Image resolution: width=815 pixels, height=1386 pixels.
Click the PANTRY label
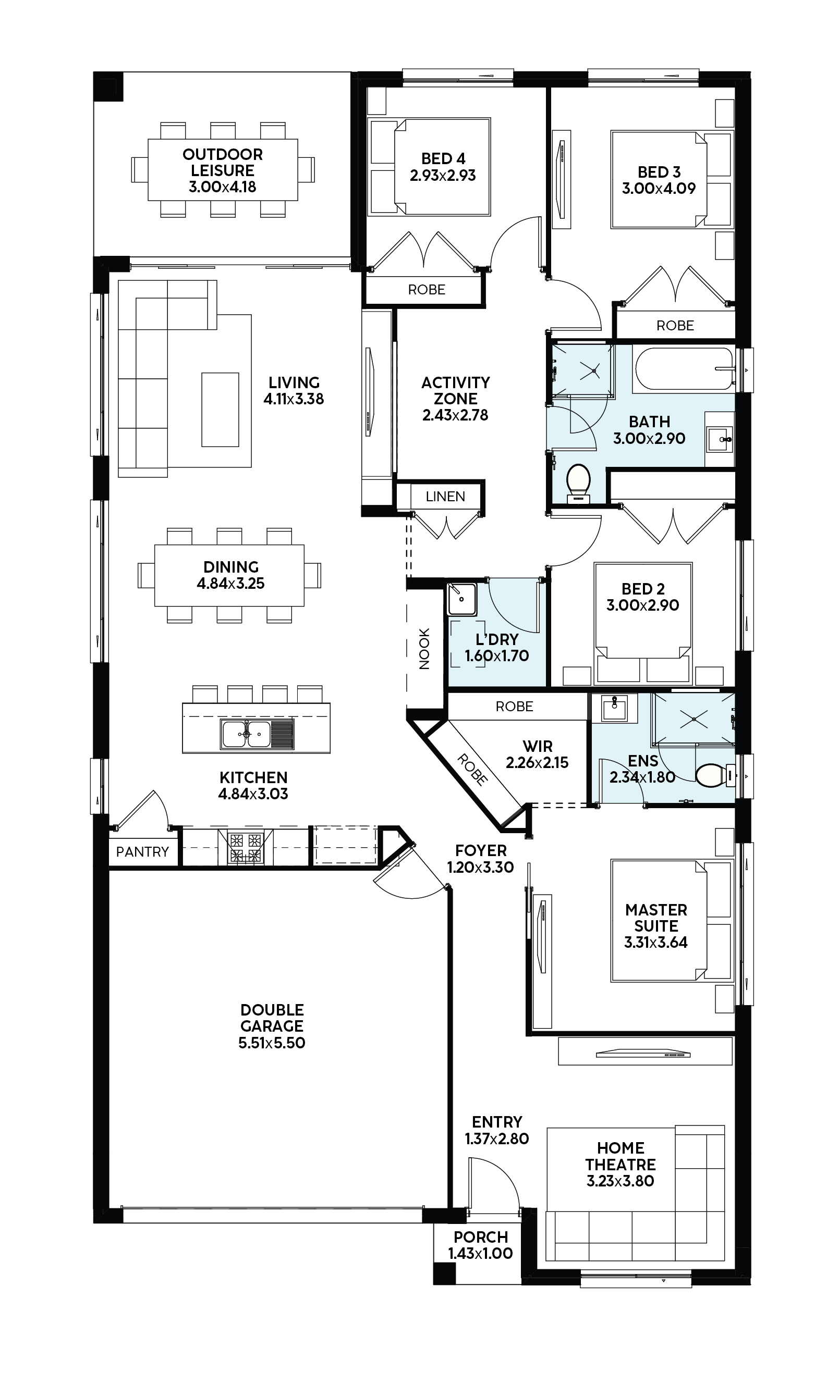pos(142,851)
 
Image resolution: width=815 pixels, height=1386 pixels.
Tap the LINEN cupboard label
pos(445,497)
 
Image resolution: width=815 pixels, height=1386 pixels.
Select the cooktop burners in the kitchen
pos(246,848)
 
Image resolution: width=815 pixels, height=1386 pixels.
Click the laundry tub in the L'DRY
pos(461,599)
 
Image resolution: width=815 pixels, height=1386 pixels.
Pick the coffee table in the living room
pos(220,410)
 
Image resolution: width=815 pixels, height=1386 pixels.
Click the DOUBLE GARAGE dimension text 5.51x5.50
pos(272,1042)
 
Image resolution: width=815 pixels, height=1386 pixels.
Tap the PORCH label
pos(480,1237)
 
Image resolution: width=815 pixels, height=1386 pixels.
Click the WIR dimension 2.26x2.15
pos(537,762)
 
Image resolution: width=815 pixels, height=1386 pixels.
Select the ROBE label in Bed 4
pos(427,290)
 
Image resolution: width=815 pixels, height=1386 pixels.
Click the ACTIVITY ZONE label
pos(456,390)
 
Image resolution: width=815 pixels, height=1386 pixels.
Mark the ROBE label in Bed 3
pos(675,326)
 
